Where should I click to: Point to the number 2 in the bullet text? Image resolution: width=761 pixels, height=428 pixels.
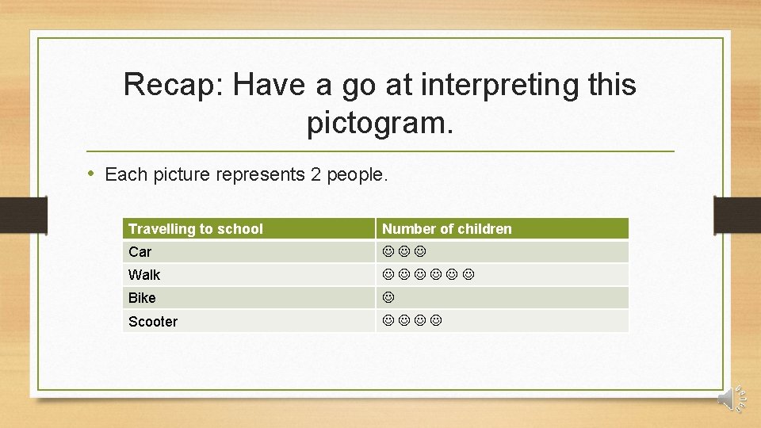(316, 174)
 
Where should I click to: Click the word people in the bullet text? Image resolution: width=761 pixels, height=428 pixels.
(357, 174)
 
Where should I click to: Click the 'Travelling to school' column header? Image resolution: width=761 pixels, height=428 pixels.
(196, 229)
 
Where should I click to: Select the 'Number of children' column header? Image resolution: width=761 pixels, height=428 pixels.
(447, 229)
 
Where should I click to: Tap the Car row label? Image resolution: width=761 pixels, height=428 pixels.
(140, 252)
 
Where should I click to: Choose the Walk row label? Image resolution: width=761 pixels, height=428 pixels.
(144, 275)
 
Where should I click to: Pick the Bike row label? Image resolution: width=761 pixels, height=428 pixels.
(142, 298)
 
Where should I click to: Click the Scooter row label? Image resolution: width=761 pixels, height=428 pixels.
(153, 322)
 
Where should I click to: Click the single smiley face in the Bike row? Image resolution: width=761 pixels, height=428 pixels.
(388, 298)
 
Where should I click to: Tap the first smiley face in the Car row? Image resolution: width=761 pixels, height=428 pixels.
(388, 251)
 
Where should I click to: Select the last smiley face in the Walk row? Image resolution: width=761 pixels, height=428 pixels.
(468, 274)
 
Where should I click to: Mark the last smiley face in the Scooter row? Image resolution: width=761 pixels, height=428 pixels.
(436, 321)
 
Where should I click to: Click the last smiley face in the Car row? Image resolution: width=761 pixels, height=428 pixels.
(420, 251)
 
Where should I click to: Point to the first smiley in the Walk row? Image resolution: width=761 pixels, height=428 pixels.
(388, 274)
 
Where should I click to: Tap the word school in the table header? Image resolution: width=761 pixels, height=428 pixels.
(241, 229)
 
